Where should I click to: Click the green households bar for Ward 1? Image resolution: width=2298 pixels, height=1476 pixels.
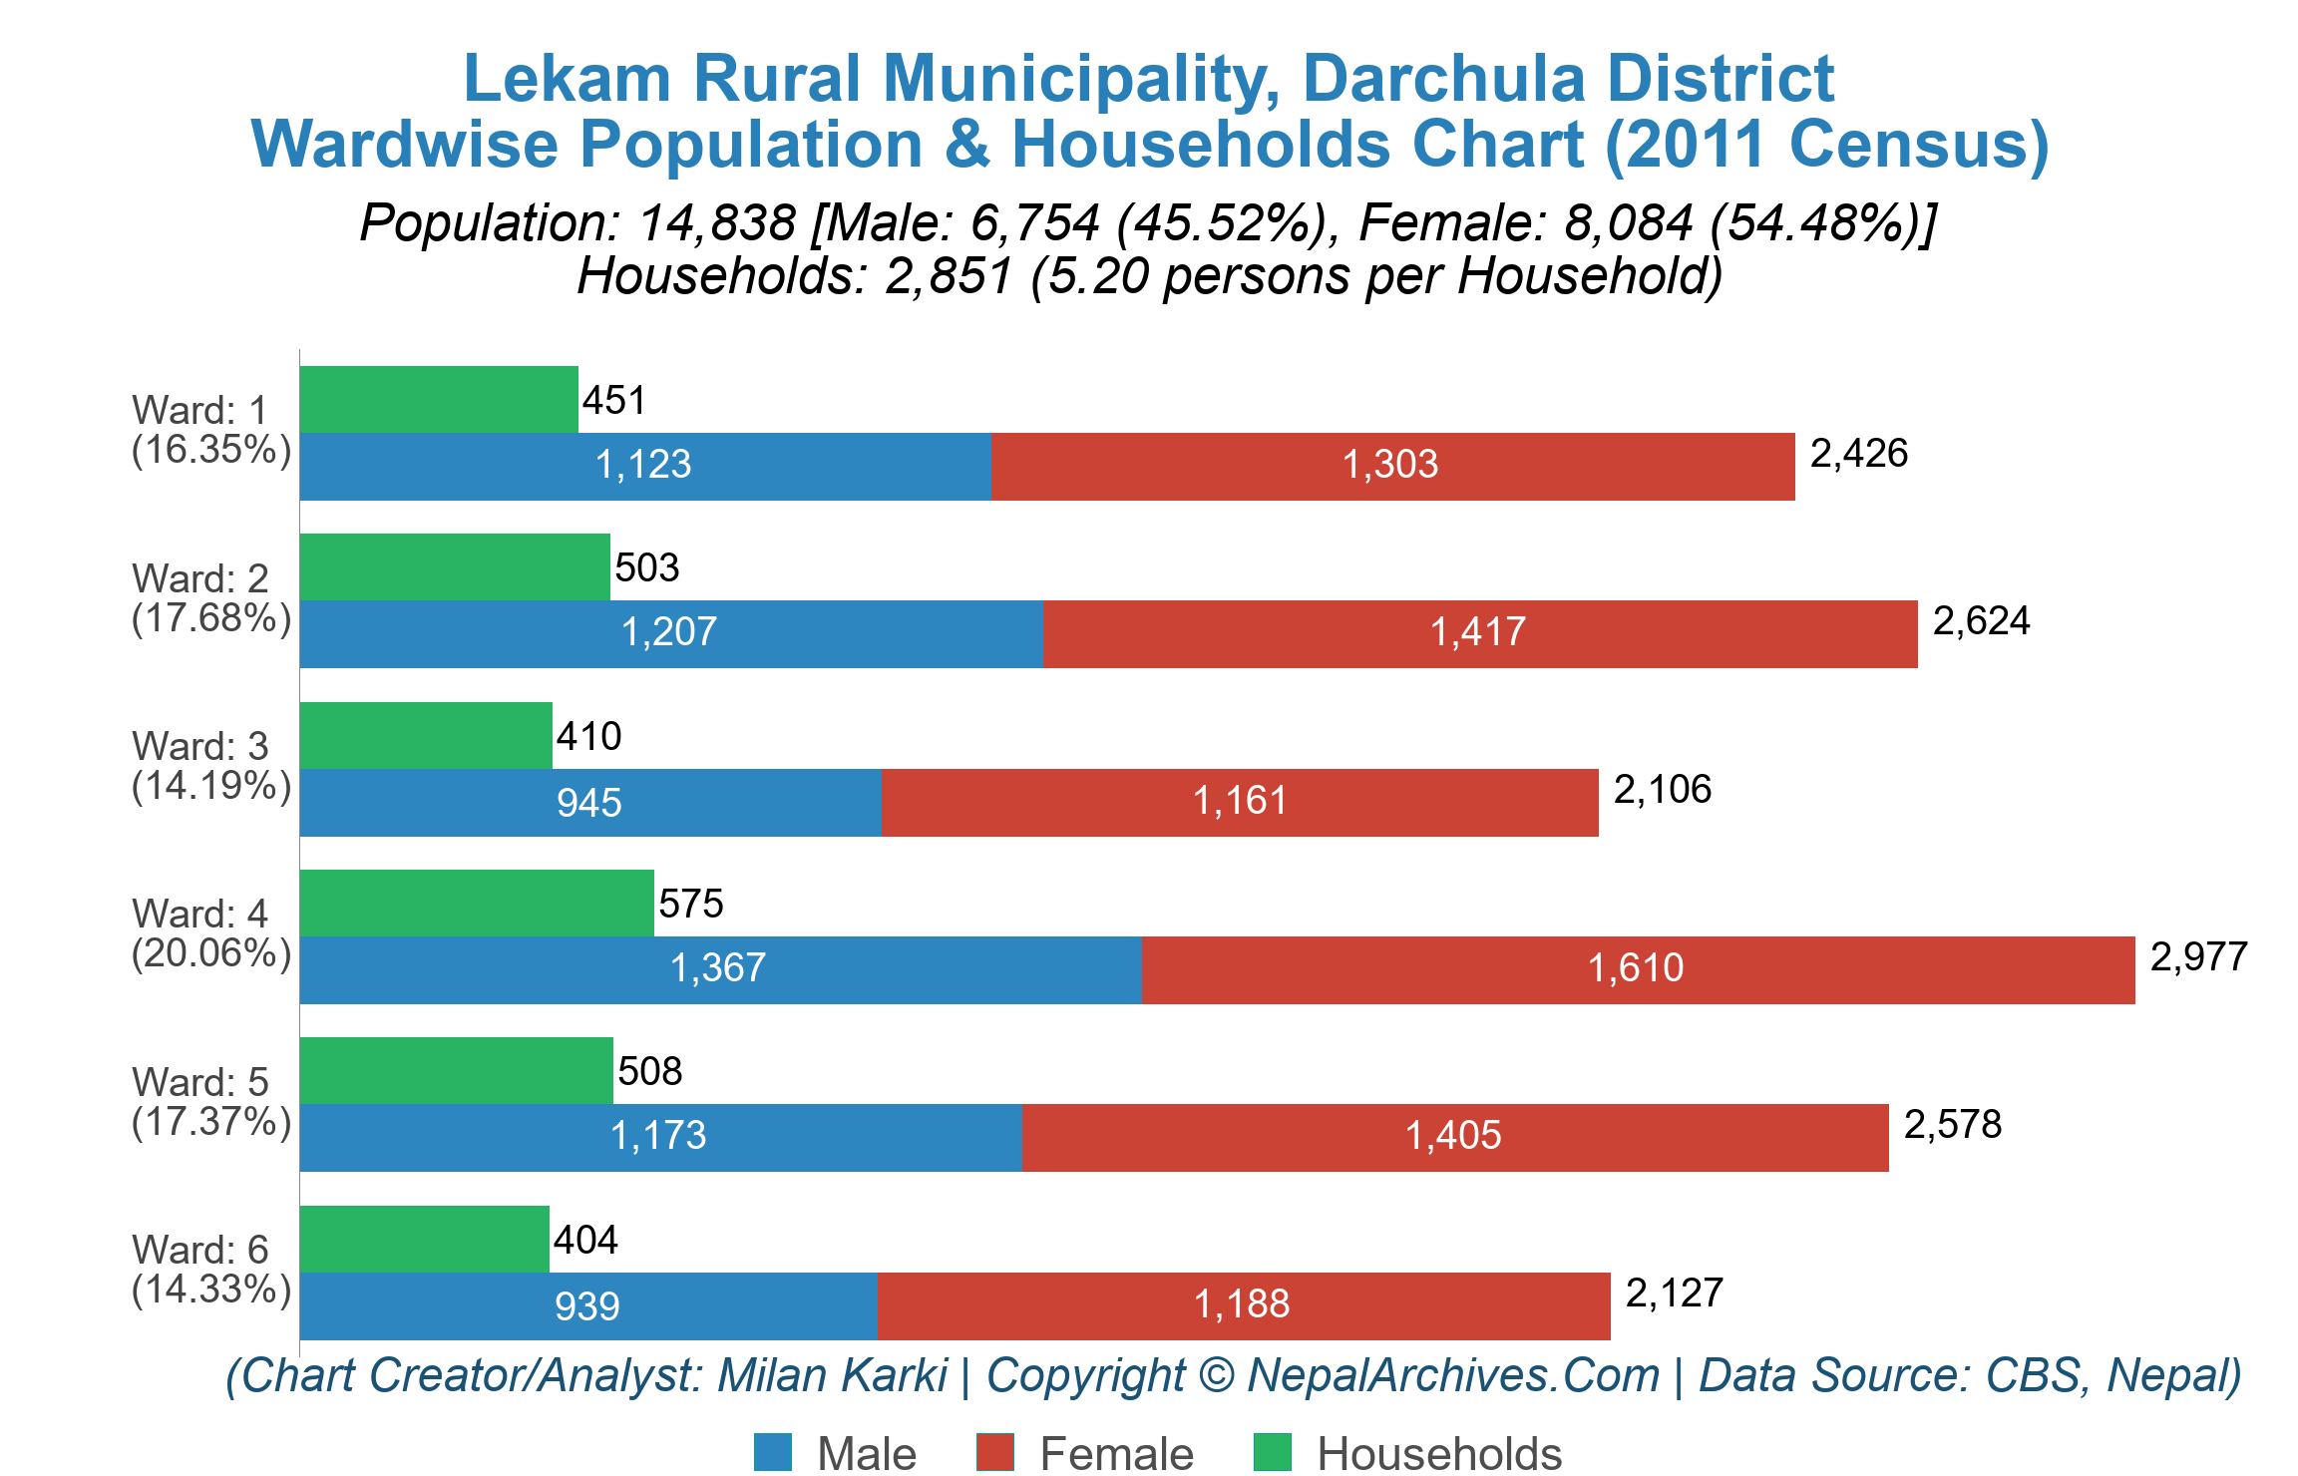[439, 399]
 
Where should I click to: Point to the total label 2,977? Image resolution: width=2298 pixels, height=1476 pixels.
[2198, 957]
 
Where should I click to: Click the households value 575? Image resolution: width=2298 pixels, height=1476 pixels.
[690, 905]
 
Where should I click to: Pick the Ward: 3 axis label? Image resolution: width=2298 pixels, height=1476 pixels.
[199, 746]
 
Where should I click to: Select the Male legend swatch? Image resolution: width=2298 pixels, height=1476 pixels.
[773, 1452]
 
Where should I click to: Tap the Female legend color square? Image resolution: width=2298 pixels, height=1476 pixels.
[994, 1452]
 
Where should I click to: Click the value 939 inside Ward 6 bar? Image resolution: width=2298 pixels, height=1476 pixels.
[587, 1306]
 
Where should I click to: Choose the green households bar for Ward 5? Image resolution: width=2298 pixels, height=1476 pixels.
[456, 1070]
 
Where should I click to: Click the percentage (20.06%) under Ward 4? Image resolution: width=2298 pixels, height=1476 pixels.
[211, 953]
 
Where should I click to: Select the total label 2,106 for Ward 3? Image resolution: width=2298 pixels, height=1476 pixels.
[1662, 790]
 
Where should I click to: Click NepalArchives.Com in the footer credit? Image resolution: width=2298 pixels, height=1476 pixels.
[1453, 1375]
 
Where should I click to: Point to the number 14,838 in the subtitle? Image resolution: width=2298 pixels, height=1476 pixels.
[717, 222]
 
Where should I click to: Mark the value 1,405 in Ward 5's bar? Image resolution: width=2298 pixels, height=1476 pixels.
[1453, 1136]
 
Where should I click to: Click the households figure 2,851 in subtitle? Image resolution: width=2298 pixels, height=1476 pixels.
[949, 276]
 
